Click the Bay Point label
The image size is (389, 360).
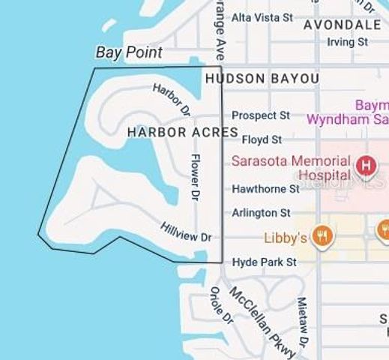click(x=129, y=52)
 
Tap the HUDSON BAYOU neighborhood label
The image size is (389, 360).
click(x=262, y=78)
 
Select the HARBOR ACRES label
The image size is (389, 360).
click(x=182, y=132)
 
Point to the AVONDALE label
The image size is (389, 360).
click(x=342, y=25)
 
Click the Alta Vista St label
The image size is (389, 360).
click(x=262, y=16)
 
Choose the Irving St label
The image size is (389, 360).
click(x=347, y=42)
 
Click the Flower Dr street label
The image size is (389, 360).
click(x=195, y=177)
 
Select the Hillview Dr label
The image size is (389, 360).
click(x=186, y=231)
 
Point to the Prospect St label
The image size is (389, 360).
click(x=260, y=115)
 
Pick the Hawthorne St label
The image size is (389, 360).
click(x=265, y=189)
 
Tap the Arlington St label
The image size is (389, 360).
click(x=261, y=213)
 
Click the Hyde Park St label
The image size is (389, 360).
click(x=265, y=262)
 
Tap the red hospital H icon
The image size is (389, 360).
click(x=366, y=164)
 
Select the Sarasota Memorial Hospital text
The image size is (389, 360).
click(x=291, y=167)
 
